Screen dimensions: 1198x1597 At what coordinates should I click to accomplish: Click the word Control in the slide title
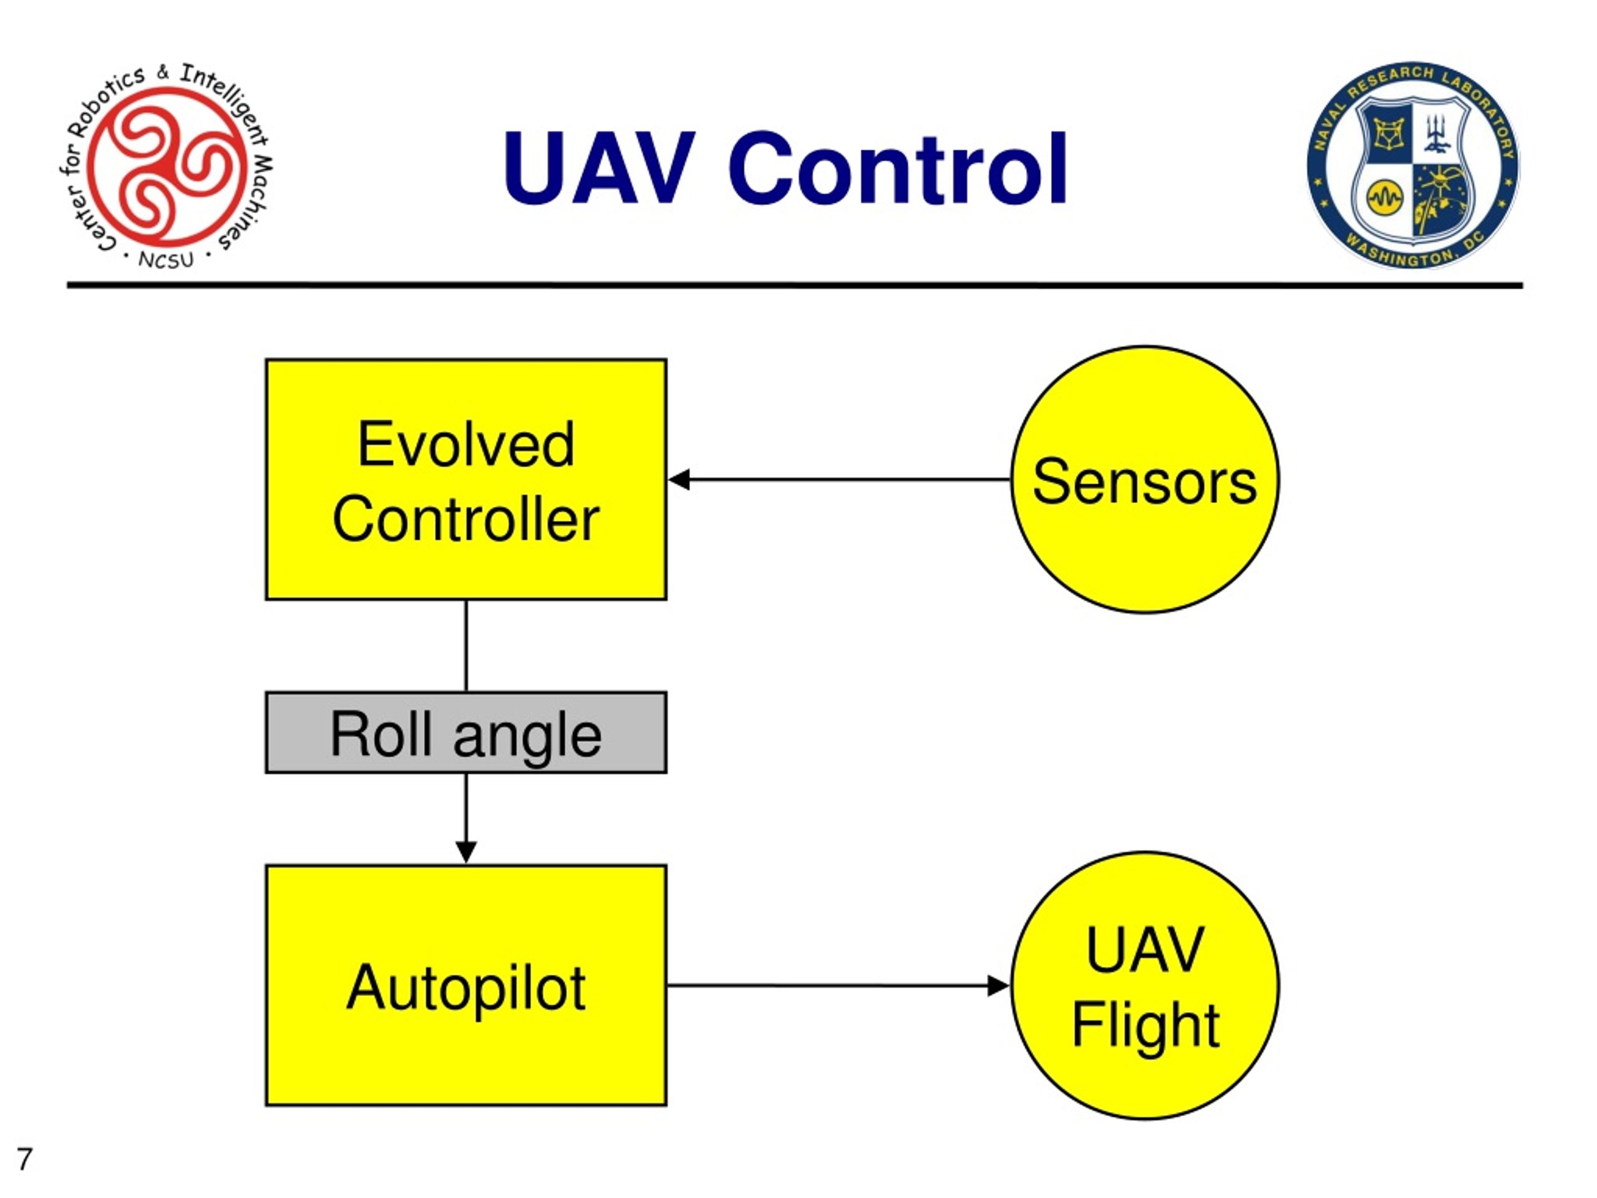click(898, 168)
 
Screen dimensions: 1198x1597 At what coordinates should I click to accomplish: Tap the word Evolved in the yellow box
click(465, 445)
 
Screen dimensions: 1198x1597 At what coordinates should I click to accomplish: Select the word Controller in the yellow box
click(465, 520)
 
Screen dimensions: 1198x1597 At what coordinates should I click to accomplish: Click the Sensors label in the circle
click(1144, 482)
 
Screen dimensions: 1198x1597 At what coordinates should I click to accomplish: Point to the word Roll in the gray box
click(381, 734)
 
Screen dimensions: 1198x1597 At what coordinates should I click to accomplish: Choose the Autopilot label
click(465, 988)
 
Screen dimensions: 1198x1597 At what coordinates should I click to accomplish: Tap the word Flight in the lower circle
click(1145, 1024)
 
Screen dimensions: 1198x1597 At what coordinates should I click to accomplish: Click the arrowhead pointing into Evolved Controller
click(679, 479)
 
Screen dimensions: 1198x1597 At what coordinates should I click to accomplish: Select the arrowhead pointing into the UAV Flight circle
click(998, 986)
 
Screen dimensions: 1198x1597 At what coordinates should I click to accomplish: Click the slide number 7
click(24, 1159)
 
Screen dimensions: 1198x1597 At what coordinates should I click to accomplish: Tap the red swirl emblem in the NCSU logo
click(167, 165)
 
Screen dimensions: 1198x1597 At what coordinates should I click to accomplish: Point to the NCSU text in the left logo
click(166, 259)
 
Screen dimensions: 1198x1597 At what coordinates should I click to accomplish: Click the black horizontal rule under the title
click(794, 286)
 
